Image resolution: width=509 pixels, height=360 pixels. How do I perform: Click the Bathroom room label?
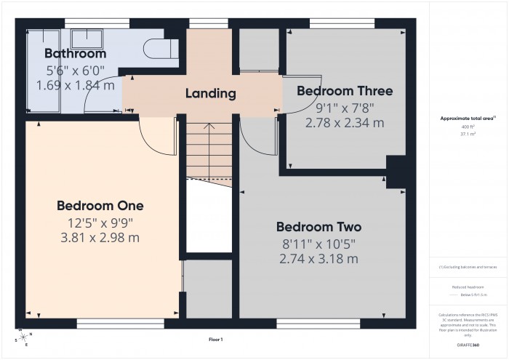point(75,53)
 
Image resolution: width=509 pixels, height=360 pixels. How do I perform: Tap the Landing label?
point(211,93)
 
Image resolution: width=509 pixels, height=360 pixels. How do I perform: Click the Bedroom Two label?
point(318,226)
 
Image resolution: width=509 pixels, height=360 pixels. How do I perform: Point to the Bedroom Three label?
point(345,91)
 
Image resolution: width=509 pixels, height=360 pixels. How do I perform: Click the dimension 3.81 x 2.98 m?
point(100,237)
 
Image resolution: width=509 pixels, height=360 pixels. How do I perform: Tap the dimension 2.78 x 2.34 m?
point(345,123)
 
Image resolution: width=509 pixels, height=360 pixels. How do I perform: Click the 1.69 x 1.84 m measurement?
point(75,85)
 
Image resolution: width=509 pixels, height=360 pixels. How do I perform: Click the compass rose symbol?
point(22,337)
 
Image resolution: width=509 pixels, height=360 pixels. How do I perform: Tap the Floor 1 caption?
point(216,340)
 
